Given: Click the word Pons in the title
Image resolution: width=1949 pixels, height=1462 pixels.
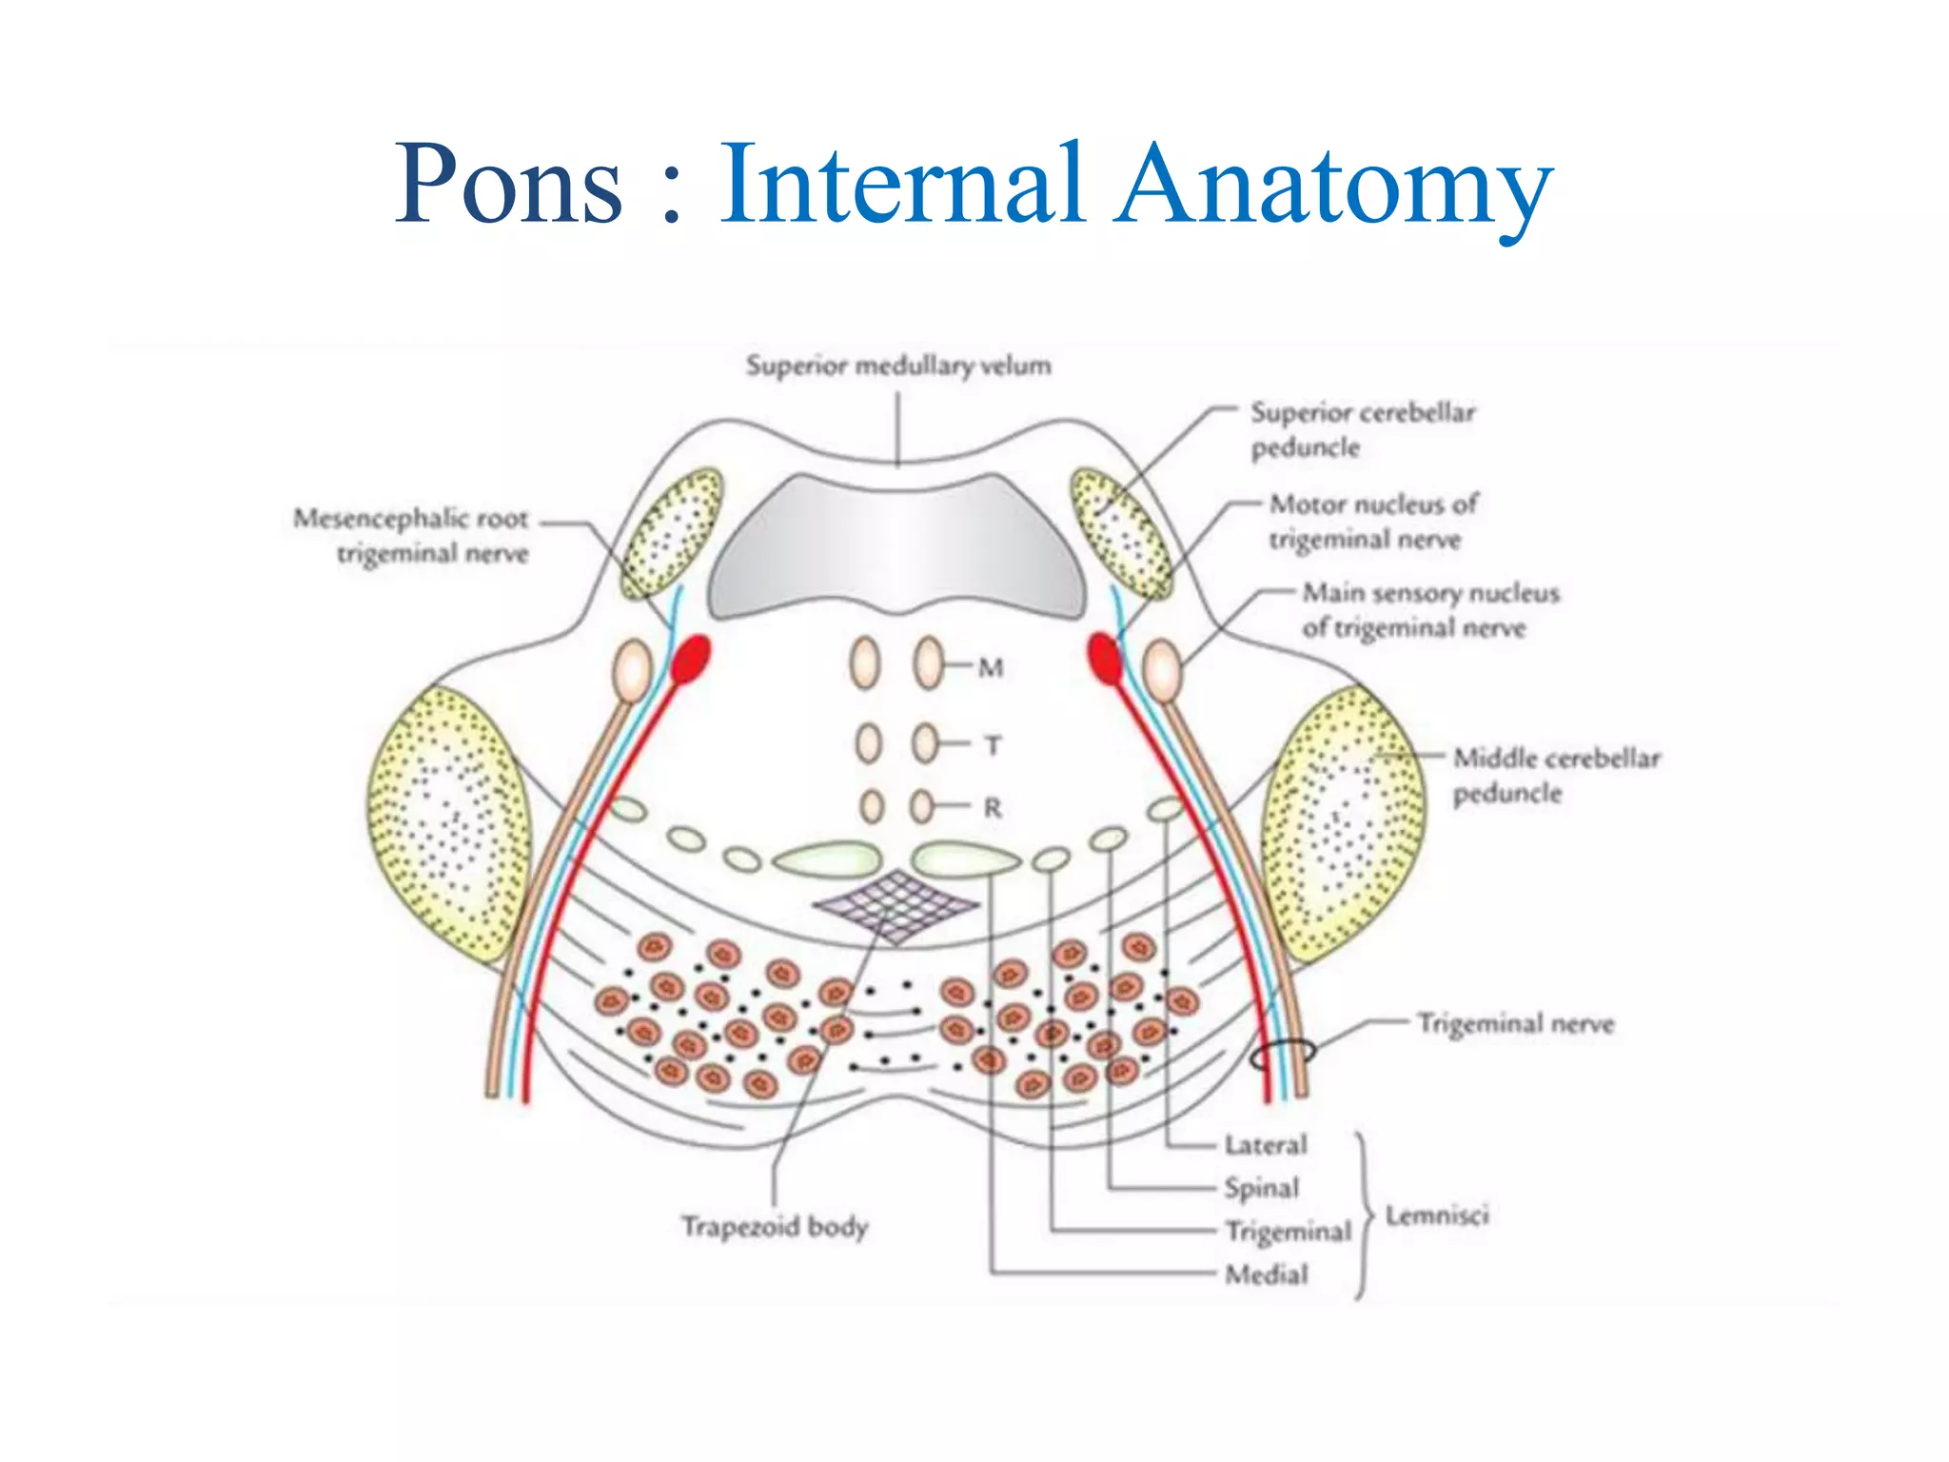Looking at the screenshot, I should tap(509, 184).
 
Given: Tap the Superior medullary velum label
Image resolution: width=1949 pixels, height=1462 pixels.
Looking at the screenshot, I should tap(898, 365).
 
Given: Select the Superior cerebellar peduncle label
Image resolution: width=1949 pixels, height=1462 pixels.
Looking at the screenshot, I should tap(1362, 429).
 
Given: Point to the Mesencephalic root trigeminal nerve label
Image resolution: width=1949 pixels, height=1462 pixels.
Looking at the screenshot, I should tap(411, 536).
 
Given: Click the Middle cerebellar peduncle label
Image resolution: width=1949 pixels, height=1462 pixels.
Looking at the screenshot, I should tap(1555, 775).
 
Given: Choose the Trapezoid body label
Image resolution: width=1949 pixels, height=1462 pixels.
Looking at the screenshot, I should tap(774, 1226).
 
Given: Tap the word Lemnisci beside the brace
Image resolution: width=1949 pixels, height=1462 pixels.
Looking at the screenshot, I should tap(1436, 1215).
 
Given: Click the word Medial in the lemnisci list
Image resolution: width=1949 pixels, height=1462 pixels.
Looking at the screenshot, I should tap(1266, 1274).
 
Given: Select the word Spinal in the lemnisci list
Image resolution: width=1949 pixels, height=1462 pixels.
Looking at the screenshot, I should tap(1261, 1188).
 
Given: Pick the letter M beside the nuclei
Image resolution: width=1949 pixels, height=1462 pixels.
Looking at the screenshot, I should tap(991, 668).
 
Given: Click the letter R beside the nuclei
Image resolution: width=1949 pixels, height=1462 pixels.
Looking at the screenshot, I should tap(992, 808).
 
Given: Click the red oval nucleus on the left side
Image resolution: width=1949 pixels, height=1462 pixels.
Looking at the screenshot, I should tap(691, 659).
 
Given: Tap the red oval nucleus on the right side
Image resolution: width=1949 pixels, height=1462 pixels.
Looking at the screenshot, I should tap(1104, 659).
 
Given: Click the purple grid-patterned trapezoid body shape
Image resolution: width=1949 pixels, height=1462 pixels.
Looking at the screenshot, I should tap(895, 903).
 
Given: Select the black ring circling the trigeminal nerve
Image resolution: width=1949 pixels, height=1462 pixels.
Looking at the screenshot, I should tap(1283, 1054).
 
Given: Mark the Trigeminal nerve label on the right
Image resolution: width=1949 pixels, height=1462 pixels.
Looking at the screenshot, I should tap(1515, 1024).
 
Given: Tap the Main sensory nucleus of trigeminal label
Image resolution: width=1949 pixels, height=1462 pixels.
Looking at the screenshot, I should tap(1429, 610).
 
